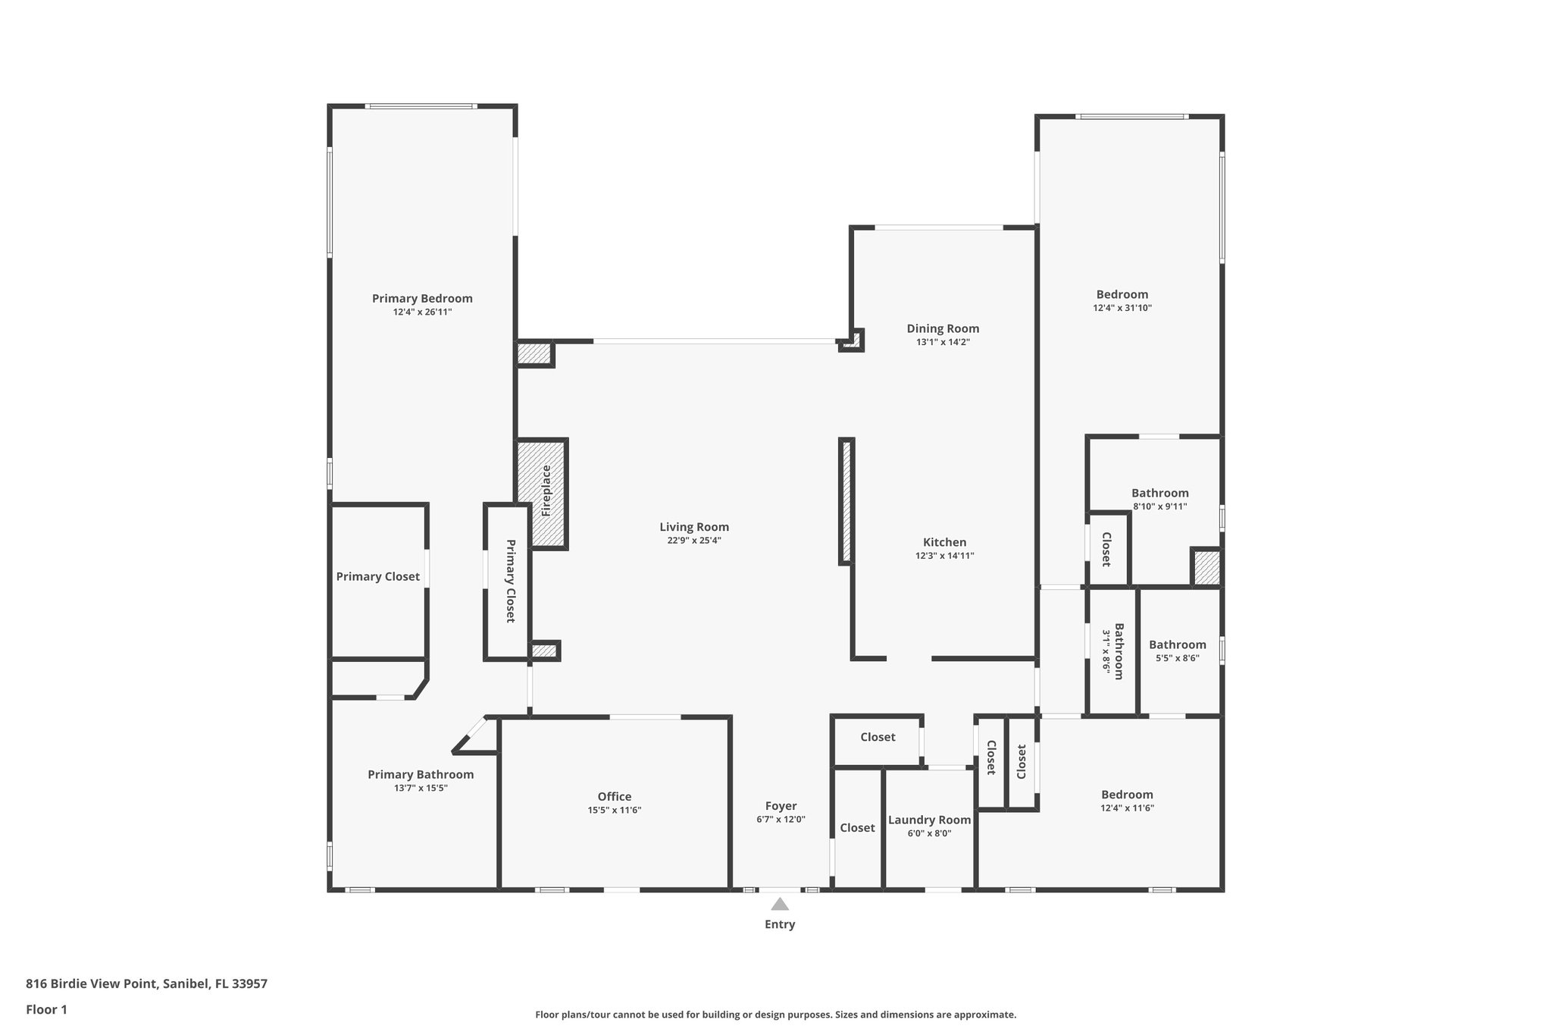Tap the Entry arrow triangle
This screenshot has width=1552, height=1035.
click(x=780, y=904)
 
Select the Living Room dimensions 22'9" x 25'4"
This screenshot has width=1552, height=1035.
click(x=693, y=541)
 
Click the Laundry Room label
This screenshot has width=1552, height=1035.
click(x=929, y=820)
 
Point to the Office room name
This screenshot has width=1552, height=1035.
click(x=614, y=796)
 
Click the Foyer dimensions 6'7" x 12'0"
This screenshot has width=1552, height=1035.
click(x=781, y=820)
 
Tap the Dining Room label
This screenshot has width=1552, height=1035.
click(x=943, y=328)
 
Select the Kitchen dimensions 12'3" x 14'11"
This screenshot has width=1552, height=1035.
click(x=944, y=556)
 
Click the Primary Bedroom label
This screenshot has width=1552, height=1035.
click(x=422, y=298)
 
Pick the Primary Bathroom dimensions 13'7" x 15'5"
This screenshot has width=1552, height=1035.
click(x=421, y=788)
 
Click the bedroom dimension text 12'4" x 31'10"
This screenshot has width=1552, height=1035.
click(x=1122, y=308)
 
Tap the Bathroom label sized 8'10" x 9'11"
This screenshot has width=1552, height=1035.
click(x=1159, y=493)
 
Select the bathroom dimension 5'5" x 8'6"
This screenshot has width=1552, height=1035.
click(x=1177, y=658)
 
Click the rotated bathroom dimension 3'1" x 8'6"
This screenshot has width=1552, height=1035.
click(x=1106, y=651)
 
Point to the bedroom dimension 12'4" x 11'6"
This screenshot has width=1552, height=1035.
click(x=1127, y=808)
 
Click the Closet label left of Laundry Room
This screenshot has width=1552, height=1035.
click(x=857, y=828)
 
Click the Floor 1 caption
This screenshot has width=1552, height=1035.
click(x=46, y=1009)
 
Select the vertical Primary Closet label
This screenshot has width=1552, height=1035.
click(x=510, y=581)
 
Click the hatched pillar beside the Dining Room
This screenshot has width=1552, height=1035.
click(x=853, y=340)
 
